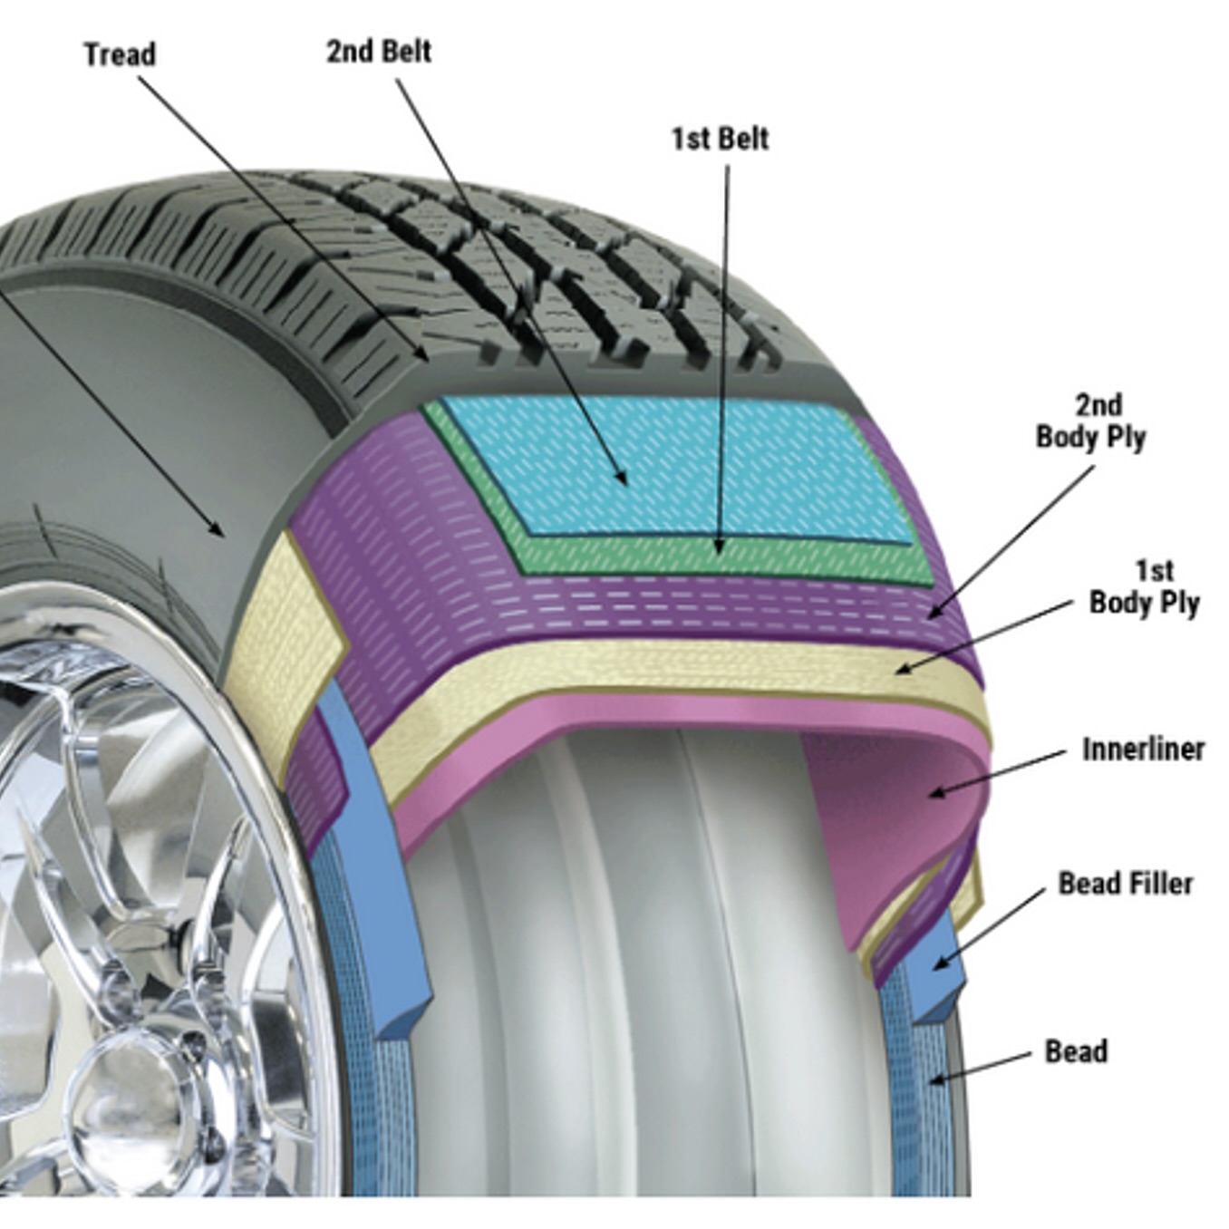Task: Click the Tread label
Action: (x=120, y=54)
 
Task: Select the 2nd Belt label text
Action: (x=378, y=51)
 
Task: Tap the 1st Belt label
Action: (x=720, y=139)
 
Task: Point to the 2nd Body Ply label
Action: (x=1090, y=421)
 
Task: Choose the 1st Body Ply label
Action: (x=1145, y=586)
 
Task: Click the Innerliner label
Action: (x=1143, y=750)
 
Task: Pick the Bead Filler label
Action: (x=1125, y=883)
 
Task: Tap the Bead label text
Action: (x=1076, y=1051)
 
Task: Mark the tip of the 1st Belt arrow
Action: (x=719, y=551)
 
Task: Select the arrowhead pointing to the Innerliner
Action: (x=933, y=795)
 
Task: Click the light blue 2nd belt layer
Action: (x=671, y=462)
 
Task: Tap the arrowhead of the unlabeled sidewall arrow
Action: (x=220, y=533)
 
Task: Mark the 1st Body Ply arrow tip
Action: (x=897, y=672)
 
